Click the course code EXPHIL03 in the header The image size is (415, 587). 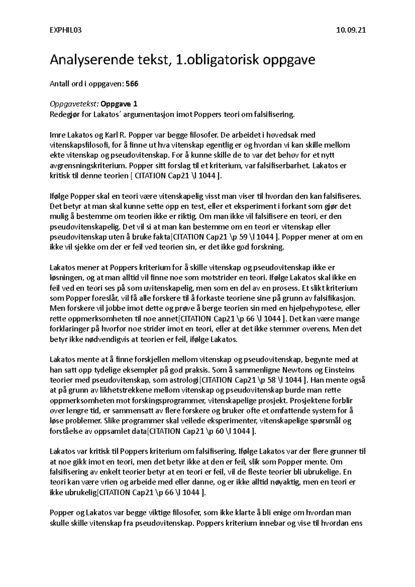coord(66,30)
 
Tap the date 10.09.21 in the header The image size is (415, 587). coord(351,30)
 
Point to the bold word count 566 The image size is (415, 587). coord(132,84)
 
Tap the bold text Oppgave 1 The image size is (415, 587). coord(119,104)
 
